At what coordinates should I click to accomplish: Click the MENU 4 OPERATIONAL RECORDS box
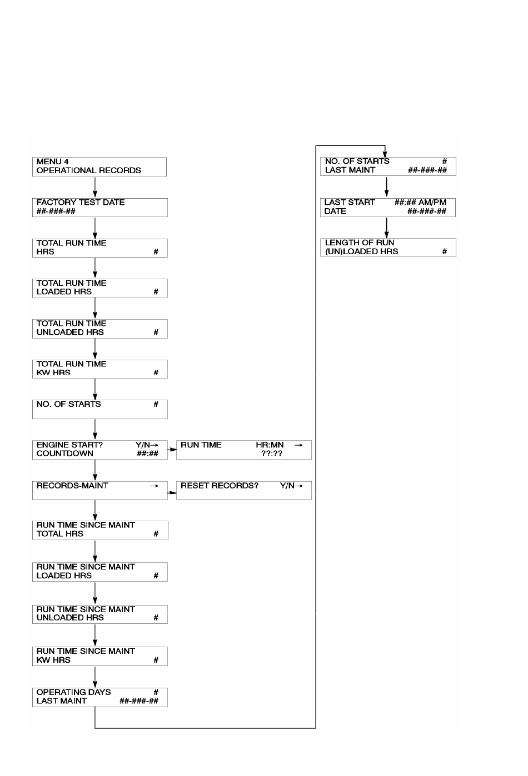pyautogui.click(x=99, y=167)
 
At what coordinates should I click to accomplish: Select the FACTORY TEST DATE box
pyautogui.click(x=100, y=208)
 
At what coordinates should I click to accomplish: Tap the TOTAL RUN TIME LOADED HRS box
pyautogui.click(x=100, y=288)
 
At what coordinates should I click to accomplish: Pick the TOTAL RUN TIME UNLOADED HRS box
pyautogui.click(x=100, y=329)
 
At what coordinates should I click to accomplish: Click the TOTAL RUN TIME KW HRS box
pyautogui.click(x=100, y=369)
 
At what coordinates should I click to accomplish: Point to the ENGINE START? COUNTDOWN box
pyautogui.click(x=100, y=450)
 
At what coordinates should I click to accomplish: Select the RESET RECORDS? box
pyautogui.click(x=244, y=490)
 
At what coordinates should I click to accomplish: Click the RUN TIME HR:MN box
pyautogui.click(x=244, y=450)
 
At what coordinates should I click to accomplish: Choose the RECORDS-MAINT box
pyautogui.click(x=100, y=490)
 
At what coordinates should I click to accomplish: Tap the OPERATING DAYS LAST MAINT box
pyautogui.click(x=100, y=697)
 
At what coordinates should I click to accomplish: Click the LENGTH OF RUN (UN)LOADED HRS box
pyautogui.click(x=388, y=248)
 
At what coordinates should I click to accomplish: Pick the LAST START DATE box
pyautogui.click(x=388, y=208)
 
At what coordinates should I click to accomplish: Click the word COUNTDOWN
pyautogui.click(x=65, y=453)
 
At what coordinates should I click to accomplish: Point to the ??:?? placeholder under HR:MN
pyautogui.click(x=272, y=453)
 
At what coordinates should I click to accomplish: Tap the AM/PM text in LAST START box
pyautogui.click(x=432, y=202)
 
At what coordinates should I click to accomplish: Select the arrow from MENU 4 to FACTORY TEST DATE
pyautogui.click(x=95, y=188)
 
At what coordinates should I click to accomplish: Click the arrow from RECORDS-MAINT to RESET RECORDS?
pyautogui.click(x=172, y=492)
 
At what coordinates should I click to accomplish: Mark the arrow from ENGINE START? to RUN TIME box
pyautogui.click(x=172, y=449)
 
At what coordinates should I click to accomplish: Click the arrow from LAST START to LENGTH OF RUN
pyautogui.click(x=386, y=228)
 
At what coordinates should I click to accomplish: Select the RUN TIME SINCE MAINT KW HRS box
pyautogui.click(x=100, y=656)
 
